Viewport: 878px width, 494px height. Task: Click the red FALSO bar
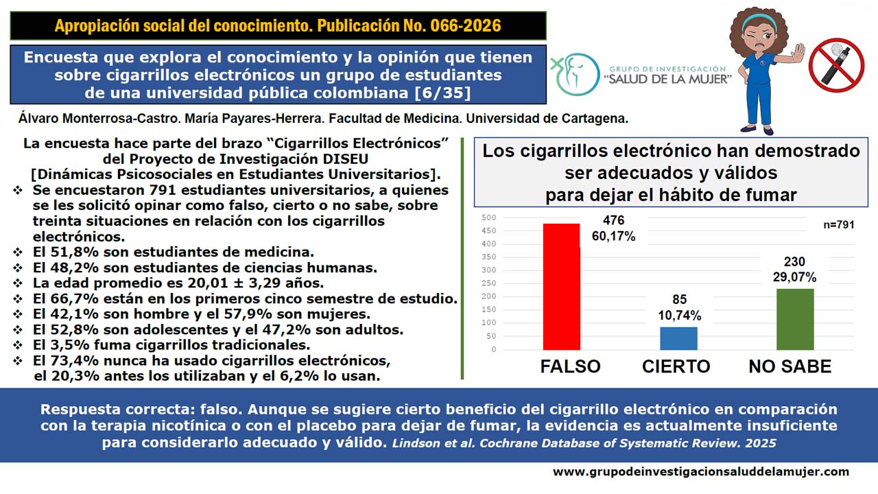[x=561, y=287]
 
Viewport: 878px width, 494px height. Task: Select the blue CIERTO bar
[x=678, y=338]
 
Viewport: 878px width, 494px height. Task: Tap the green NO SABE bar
[x=795, y=319]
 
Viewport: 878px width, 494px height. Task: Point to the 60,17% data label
[x=613, y=236]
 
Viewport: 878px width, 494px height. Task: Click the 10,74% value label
[x=679, y=315]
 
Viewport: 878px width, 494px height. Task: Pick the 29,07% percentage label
[x=794, y=277]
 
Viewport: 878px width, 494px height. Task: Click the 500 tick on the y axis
[x=489, y=217]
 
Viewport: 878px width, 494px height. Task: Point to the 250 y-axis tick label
[x=489, y=283]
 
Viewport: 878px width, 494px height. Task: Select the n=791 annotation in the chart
[x=838, y=224]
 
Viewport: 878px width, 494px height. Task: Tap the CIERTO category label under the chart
[x=676, y=366]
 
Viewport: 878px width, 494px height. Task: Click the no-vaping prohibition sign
[x=836, y=64]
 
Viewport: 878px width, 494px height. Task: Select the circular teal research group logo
[x=575, y=75]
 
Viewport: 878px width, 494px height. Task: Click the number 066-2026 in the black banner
[x=465, y=25]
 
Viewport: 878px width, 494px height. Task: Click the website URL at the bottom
[x=701, y=471]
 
